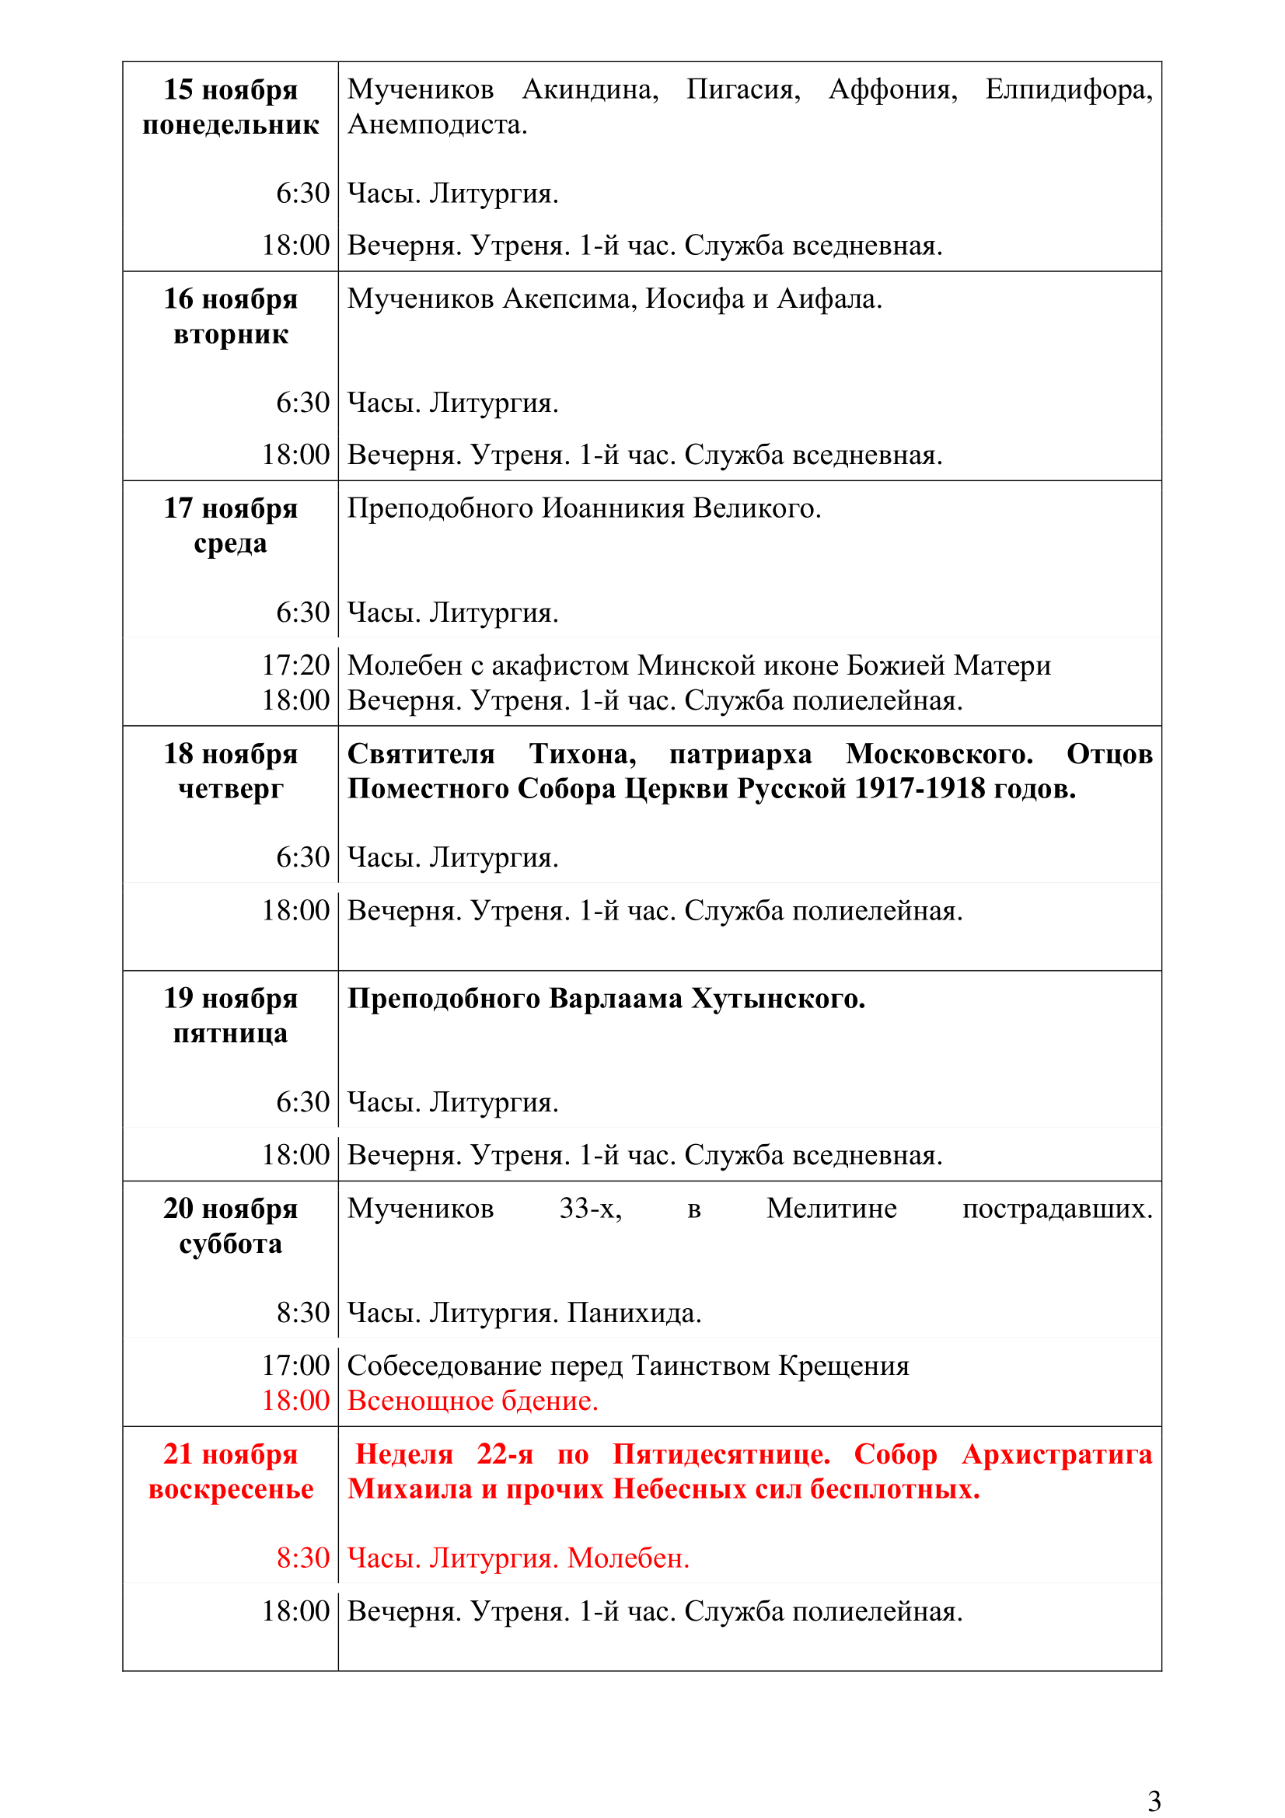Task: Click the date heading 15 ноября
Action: pos(230,90)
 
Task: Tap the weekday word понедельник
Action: pos(230,125)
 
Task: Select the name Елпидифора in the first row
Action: pos(1068,90)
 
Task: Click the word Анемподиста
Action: pos(436,125)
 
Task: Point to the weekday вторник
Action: pos(230,335)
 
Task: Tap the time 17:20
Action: pos(295,665)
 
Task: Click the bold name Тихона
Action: pos(583,754)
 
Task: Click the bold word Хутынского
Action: pos(777,999)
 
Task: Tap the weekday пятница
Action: pos(230,1033)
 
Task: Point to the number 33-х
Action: pos(590,1209)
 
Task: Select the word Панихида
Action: pos(634,1313)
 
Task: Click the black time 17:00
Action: pos(295,1365)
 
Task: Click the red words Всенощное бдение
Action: pos(473,1401)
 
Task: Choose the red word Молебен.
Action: pos(628,1558)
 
